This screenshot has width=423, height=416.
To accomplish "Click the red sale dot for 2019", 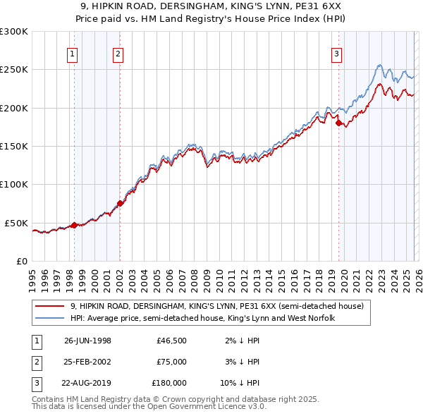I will pyautogui.click(x=338, y=123).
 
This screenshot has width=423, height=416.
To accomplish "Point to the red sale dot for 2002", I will pyautogui.click(x=120, y=204).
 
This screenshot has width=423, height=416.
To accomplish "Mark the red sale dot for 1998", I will pyautogui.click(x=74, y=226).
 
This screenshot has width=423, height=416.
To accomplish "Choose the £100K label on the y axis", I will pyautogui.click(x=14, y=185).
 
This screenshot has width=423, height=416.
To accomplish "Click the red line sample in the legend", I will pyautogui.click(x=50, y=306).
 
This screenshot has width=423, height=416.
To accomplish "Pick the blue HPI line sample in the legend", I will pyautogui.click(x=50, y=318).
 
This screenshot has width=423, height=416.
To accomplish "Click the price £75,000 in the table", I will pyautogui.click(x=172, y=362).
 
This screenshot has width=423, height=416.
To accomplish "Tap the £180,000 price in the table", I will pyautogui.click(x=169, y=383).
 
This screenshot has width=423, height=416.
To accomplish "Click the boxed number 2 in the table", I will pyautogui.click(x=35, y=362).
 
